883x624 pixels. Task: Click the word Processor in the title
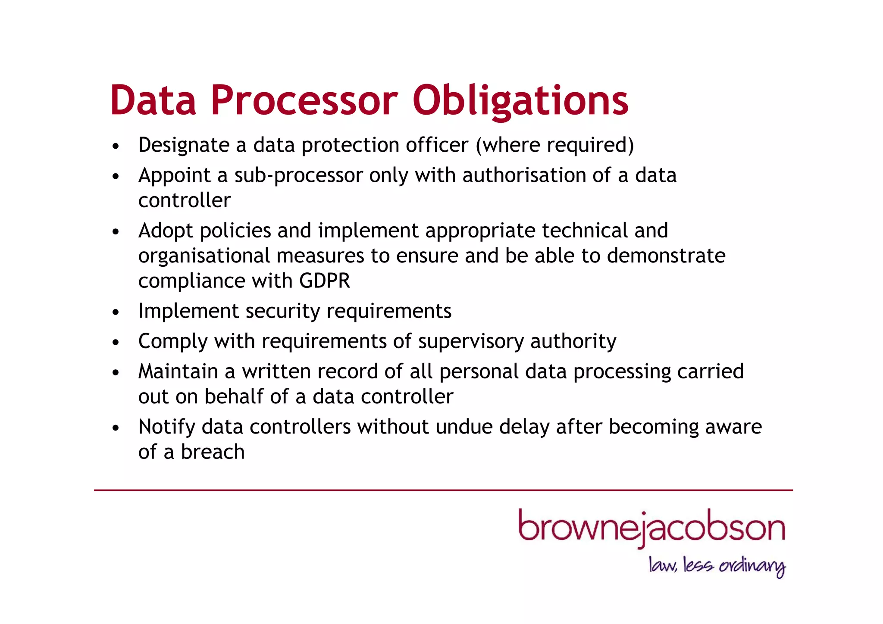pyautogui.click(x=304, y=100)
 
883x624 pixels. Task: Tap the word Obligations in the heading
pyautogui.click(x=520, y=100)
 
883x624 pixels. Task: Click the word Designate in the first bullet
pyautogui.click(x=184, y=145)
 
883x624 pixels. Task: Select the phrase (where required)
pyautogui.click(x=555, y=145)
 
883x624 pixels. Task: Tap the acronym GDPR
pyautogui.click(x=324, y=281)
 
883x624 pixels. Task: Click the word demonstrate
pyautogui.click(x=666, y=256)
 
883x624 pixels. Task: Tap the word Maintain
pyautogui.click(x=178, y=371)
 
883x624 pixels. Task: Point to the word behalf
pyautogui.click(x=234, y=397)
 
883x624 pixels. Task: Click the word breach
pyautogui.click(x=213, y=452)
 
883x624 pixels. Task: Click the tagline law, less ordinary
pyautogui.click(x=717, y=565)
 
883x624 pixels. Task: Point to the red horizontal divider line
pyautogui.click(x=443, y=490)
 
